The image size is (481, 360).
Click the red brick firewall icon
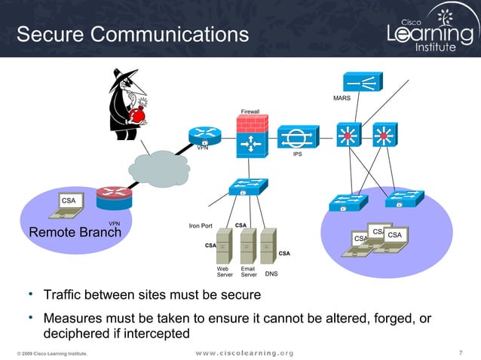tap(253, 136)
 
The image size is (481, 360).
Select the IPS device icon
tap(298, 137)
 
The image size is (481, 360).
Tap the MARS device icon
tap(363, 81)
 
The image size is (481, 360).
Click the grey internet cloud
tap(159, 169)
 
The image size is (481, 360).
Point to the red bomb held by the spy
tap(136, 115)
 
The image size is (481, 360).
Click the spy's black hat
tap(124, 78)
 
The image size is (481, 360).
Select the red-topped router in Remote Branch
tap(114, 198)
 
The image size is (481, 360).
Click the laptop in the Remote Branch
tap(67, 206)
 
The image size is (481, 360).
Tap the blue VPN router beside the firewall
tap(205, 136)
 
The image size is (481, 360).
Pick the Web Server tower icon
tap(224, 246)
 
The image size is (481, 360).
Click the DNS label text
tap(271, 273)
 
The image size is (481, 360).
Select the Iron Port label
tap(201, 226)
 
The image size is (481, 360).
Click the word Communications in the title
tap(170, 34)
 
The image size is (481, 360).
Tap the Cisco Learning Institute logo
tap(433, 29)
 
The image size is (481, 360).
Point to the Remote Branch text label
tap(75, 232)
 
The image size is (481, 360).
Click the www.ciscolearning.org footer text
tap(244, 353)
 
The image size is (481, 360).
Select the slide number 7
tap(461, 352)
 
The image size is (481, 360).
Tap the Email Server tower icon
tap(248, 246)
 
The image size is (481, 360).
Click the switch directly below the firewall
tap(249, 187)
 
